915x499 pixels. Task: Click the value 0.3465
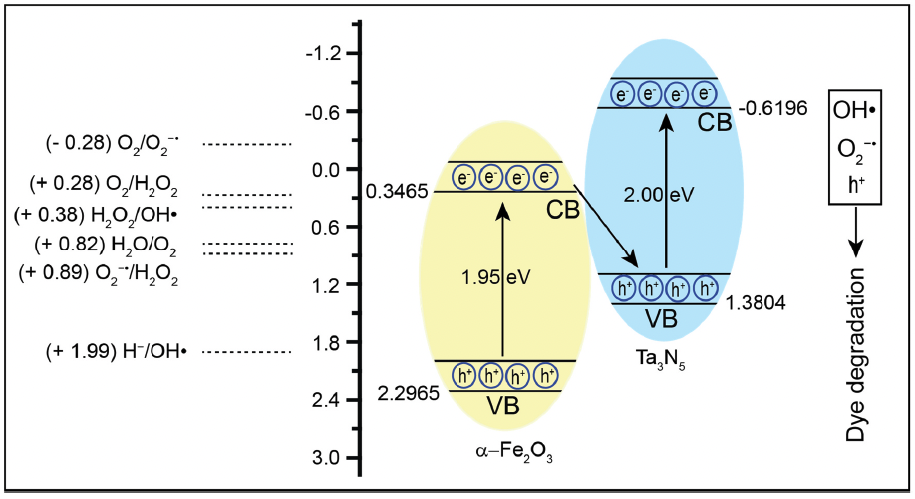coord(395,190)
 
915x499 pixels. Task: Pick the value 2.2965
coord(407,394)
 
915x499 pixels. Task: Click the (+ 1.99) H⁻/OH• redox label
coord(118,351)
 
